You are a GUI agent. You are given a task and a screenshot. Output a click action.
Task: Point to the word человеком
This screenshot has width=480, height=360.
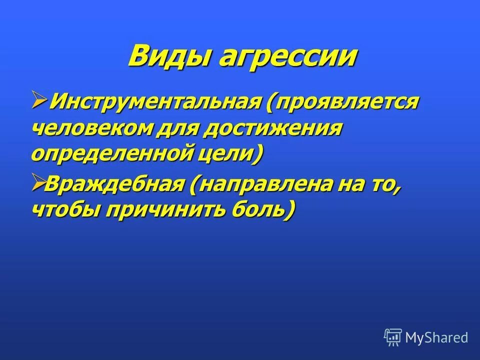click(x=93, y=129)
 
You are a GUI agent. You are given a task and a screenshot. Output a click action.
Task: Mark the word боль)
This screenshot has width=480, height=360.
click(x=262, y=209)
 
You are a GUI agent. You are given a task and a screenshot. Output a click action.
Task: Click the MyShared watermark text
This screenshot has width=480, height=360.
click(x=436, y=337)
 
